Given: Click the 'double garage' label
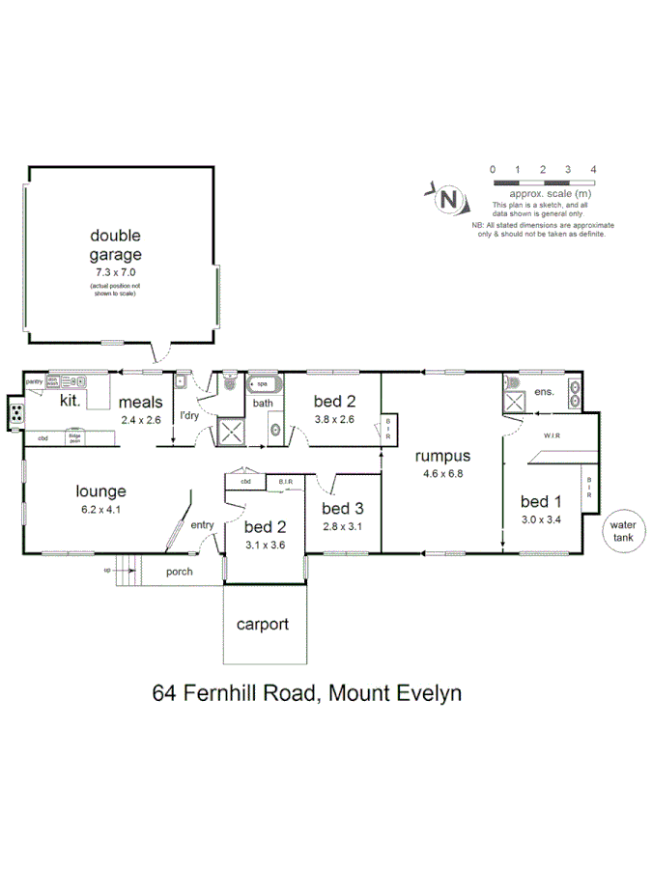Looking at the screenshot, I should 116,245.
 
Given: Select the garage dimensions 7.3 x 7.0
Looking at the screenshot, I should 116,273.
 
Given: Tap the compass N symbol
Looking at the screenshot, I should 448,200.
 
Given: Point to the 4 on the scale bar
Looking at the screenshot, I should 593,169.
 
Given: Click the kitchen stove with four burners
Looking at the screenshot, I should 17,415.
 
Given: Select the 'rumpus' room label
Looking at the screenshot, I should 441,456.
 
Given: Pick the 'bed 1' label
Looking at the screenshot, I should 540,501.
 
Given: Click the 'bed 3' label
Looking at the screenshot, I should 342,508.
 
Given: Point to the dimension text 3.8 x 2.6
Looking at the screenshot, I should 335,419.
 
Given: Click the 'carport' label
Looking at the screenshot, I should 263,624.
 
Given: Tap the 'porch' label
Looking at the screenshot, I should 180,572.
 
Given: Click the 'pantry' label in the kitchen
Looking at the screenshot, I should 35,381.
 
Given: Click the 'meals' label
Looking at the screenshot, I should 141,403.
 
